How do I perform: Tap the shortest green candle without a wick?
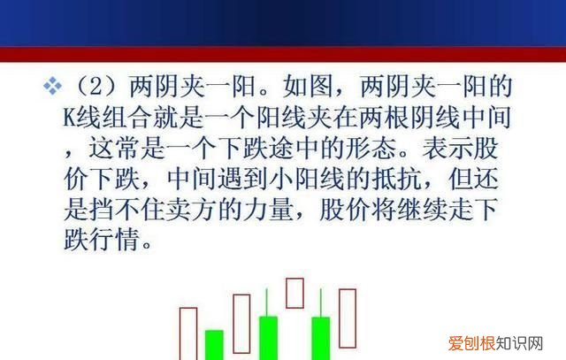pyautogui.click(x=214, y=345)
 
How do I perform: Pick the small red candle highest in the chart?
pyautogui.click(x=294, y=292)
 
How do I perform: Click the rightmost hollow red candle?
pyautogui.click(x=346, y=323)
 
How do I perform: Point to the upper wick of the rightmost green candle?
pyautogui.click(x=319, y=305)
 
